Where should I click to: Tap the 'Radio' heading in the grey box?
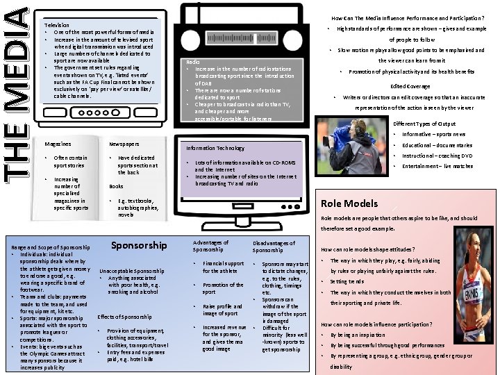point(194,62)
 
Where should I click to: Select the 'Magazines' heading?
point(58,144)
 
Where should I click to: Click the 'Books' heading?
point(116,186)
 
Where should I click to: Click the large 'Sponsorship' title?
point(140,245)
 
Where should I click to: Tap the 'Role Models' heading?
point(349,203)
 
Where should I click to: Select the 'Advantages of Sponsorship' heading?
point(209,246)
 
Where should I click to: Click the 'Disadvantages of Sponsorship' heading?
point(274,246)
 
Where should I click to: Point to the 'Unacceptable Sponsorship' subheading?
point(133,270)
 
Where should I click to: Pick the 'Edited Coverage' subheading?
point(410,86)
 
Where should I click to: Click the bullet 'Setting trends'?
point(347,281)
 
